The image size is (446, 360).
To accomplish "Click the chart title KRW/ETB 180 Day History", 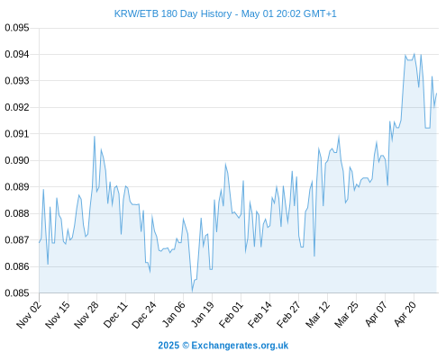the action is pyautogui.click(x=173, y=14).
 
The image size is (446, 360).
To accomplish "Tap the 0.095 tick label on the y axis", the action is pyautogui.click(x=17, y=28).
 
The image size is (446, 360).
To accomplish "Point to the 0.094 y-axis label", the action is pyautogui.click(x=17, y=54).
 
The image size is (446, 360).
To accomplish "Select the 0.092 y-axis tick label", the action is pyautogui.click(x=17, y=107).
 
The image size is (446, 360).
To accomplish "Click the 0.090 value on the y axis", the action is pyautogui.click(x=17, y=160).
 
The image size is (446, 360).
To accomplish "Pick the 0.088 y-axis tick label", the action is pyautogui.click(x=17, y=213).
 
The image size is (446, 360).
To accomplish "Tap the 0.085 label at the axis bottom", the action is pyautogui.click(x=17, y=292).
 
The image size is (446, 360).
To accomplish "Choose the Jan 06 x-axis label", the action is pyautogui.click(x=173, y=314).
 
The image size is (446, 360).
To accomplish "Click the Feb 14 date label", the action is pyautogui.click(x=259, y=314).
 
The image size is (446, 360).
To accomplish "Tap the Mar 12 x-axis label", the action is pyautogui.click(x=317, y=314).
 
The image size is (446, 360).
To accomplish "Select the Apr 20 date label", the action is pyautogui.click(x=405, y=314).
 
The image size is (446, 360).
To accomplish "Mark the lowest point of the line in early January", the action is pyautogui.click(x=192, y=292).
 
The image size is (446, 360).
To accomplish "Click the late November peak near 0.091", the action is pyautogui.click(x=95, y=137).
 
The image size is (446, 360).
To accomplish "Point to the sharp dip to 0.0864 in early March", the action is pyautogui.click(x=314, y=256).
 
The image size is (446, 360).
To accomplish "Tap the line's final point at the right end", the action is pyautogui.click(x=436, y=94).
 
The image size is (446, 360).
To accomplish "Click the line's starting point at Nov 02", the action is pyautogui.click(x=39, y=242).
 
